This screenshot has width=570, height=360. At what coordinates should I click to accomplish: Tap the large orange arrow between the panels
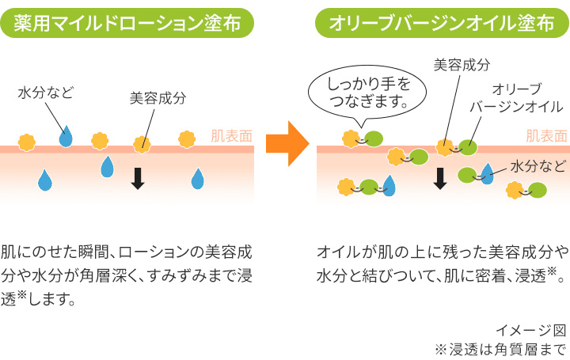point(285,142)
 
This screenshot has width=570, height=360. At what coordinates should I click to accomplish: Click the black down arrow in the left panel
point(138,179)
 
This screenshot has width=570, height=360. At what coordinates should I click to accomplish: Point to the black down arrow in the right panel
point(440,179)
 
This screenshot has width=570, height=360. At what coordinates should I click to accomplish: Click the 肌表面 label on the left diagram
point(231,135)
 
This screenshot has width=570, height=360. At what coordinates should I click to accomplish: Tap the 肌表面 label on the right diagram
point(546,135)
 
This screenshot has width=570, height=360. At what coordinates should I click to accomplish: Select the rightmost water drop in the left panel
point(197,180)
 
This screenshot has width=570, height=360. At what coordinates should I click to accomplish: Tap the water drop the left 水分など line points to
point(65,138)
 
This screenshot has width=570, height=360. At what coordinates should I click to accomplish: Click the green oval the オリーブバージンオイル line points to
point(468,146)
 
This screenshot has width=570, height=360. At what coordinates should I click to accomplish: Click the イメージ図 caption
point(542,329)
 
